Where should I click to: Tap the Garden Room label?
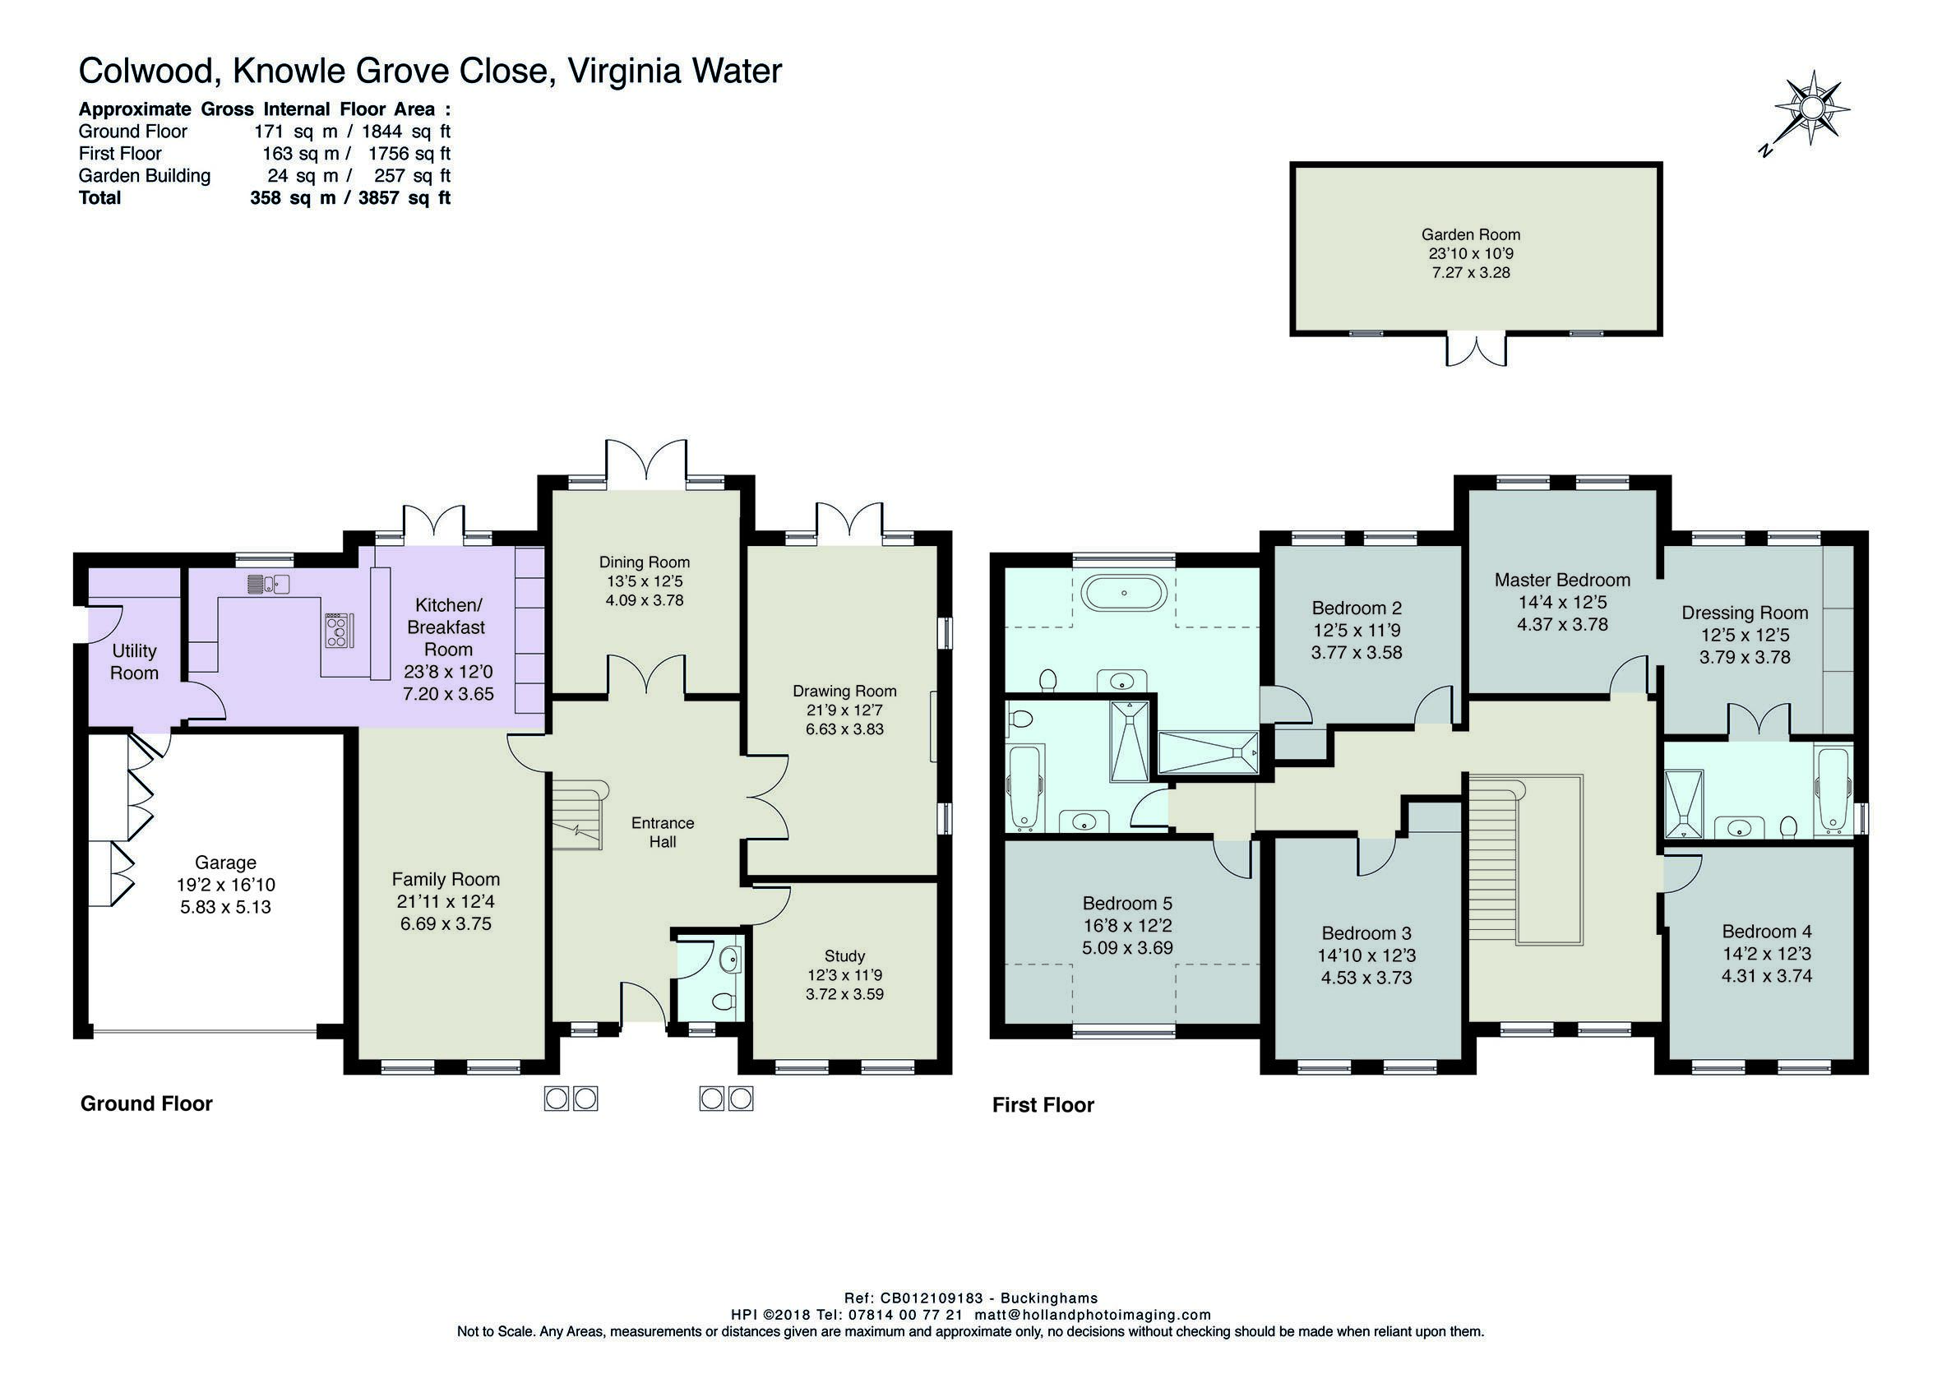tap(1471, 234)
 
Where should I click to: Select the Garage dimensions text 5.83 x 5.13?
tap(225, 907)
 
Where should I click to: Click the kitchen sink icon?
tap(269, 583)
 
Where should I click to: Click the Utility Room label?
tap(135, 662)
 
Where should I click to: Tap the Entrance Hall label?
tap(664, 831)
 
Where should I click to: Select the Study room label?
tap(844, 956)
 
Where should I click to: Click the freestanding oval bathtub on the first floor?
tap(1124, 593)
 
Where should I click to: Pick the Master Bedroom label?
tap(1562, 580)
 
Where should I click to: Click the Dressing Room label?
tap(1745, 613)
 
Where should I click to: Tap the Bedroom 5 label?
tap(1127, 904)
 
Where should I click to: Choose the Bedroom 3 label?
tap(1366, 933)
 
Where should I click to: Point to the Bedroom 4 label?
tap(1767, 932)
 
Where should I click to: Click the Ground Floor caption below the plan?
tap(146, 1103)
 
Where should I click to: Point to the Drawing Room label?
tap(844, 692)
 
